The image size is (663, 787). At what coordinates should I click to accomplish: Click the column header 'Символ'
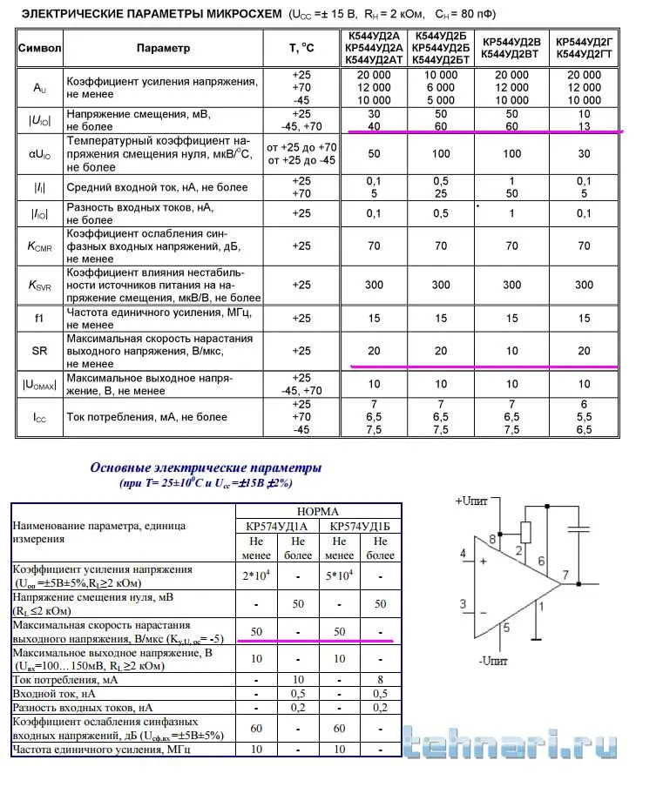tap(39, 48)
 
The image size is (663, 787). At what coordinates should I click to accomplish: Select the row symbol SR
tap(39, 351)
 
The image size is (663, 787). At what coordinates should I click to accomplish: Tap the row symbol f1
tap(39, 318)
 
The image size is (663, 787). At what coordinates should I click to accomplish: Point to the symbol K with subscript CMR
tap(39, 247)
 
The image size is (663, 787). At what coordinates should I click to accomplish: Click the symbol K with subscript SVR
tap(39, 285)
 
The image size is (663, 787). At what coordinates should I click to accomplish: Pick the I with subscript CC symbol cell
tap(39, 418)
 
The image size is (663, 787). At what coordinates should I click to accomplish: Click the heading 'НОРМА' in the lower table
tap(318, 511)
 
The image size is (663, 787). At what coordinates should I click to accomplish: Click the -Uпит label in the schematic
tap(495, 658)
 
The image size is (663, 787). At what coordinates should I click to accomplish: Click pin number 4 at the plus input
tap(463, 553)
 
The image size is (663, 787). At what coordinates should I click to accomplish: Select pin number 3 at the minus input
tap(463, 602)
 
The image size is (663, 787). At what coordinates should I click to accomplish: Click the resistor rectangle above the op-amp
tap(525, 530)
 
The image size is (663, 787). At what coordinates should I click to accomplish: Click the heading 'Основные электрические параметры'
tap(206, 467)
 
